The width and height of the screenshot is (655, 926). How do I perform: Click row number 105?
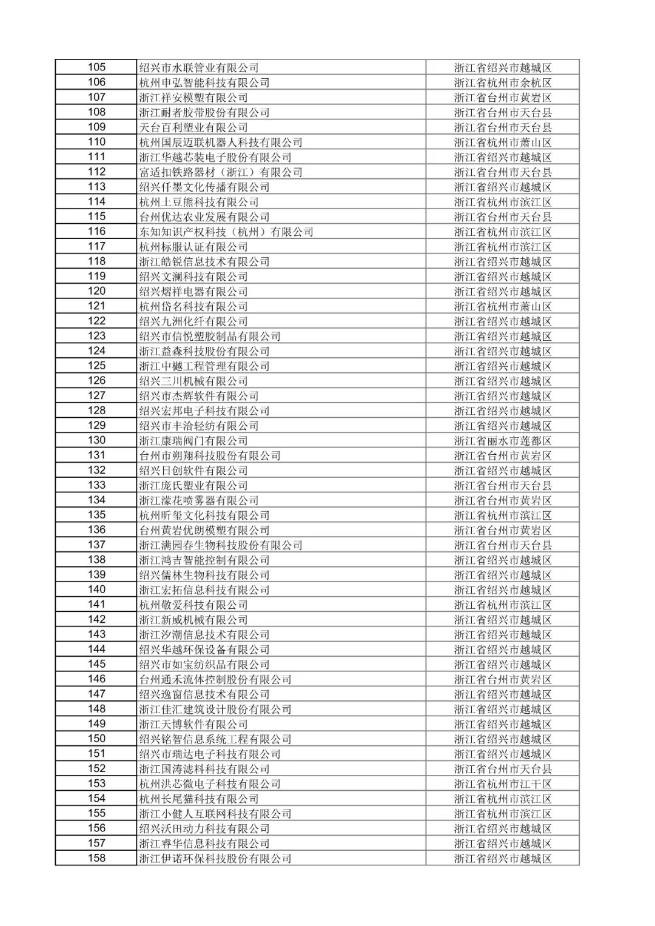tap(96, 67)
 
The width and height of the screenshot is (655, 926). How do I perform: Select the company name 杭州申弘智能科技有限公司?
tap(204, 82)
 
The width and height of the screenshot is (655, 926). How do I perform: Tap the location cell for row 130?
tap(503, 441)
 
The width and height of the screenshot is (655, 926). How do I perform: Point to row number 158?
tap(96, 858)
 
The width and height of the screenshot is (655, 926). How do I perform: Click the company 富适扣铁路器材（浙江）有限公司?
tap(221, 172)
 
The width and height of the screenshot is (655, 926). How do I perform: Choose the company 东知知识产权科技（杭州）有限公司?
tap(226, 232)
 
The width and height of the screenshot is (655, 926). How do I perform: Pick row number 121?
tap(96, 306)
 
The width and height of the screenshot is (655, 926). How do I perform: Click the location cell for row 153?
tap(503, 784)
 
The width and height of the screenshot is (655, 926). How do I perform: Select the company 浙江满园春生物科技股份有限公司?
tap(221, 545)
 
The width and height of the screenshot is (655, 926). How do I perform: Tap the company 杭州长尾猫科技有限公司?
tap(199, 799)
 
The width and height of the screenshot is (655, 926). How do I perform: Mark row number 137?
tap(96, 545)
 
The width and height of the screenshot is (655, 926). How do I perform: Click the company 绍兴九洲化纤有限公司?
tap(193, 321)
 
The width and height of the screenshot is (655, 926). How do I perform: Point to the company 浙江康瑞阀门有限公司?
tap(193, 441)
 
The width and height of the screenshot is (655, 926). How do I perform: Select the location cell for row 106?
tap(503, 82)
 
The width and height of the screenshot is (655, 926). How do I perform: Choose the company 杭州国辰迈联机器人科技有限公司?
tap(221, 143)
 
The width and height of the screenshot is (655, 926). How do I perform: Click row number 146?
tap(96, 679)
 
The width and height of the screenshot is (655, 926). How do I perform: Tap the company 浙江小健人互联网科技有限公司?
tap(215, 814)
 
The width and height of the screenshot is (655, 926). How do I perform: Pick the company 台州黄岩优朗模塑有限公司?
tap(204, 530)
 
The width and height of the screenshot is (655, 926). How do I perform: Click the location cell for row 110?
tap(503, 143)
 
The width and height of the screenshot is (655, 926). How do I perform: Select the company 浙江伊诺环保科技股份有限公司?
tap(215, 858)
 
